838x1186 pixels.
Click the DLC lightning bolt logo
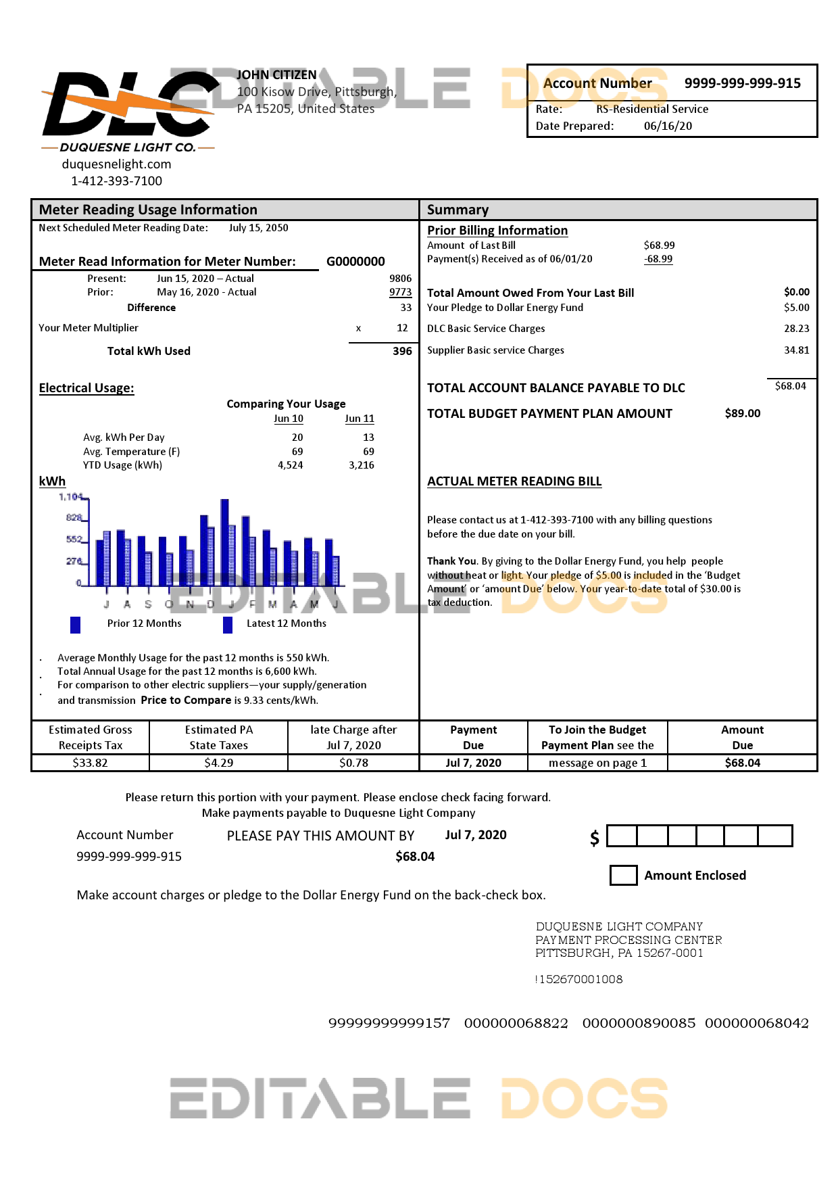128,105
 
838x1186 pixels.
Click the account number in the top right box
742,83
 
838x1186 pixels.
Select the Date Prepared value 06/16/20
668,126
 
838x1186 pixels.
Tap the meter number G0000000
355,262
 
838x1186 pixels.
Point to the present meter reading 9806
400,279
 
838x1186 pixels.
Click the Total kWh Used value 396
402,351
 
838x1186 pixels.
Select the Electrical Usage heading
87,388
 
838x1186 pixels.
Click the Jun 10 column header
289,419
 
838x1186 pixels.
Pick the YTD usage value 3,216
362,465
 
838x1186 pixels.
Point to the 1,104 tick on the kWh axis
71,497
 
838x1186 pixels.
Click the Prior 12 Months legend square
76,624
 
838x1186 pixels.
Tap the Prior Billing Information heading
497,231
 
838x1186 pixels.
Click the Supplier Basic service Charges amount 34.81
796,350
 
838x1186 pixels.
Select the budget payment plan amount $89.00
742,413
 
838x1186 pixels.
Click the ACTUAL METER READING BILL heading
514,481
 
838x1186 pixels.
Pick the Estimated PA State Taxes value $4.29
218,763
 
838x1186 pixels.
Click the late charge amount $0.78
353,763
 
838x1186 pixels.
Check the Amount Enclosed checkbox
623,875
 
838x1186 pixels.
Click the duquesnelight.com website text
116,164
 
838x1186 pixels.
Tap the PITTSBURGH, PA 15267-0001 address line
619,953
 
